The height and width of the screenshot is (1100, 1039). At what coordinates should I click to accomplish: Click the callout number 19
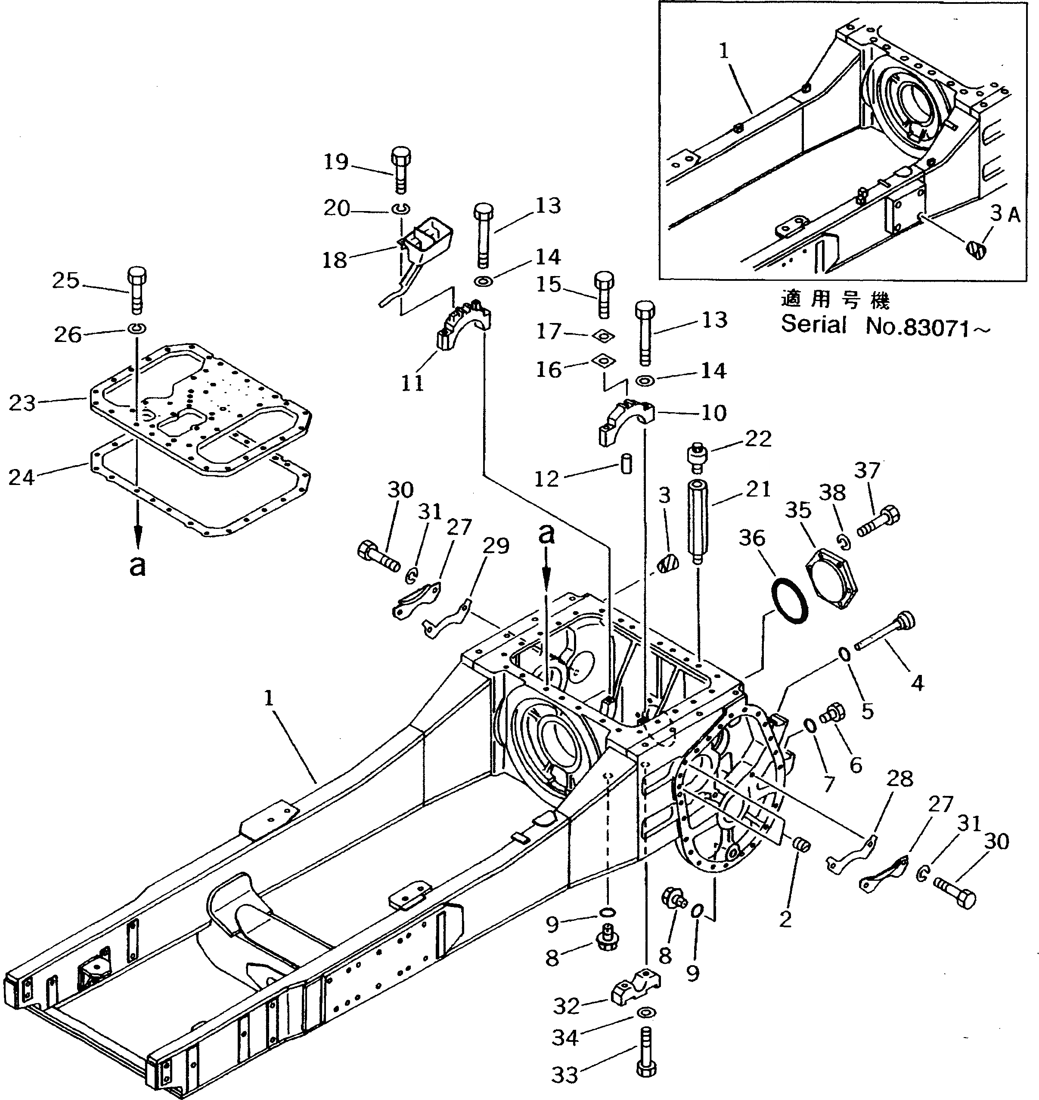[335, 162]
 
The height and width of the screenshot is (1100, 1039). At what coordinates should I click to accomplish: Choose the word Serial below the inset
[813, 325]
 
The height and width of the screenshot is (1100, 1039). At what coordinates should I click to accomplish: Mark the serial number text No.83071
[927, 328]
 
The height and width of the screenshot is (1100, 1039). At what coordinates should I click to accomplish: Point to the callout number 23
[22, 403]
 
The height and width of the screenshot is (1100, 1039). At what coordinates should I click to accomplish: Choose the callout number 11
[412, 383]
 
